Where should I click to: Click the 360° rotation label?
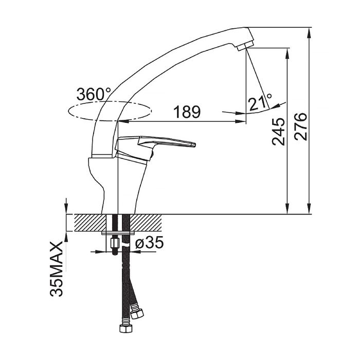94,94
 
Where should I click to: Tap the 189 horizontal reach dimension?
187,112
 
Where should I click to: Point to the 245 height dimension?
278,132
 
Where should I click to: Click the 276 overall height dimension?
300,127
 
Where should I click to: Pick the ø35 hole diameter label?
150,242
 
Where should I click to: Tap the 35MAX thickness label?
56,268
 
